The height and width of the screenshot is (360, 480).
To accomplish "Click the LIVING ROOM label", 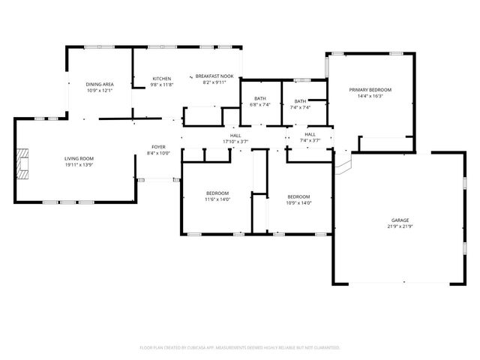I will pos(78,158).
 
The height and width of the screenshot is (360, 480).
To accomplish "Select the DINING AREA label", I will pos(99,85).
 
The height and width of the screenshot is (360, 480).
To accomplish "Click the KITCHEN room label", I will pos(162,79).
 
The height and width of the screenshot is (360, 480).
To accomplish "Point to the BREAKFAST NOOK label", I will pos(215,76).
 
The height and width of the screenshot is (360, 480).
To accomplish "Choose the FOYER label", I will pos(158,147).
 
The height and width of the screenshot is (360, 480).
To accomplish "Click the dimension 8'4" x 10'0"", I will pos(158,153).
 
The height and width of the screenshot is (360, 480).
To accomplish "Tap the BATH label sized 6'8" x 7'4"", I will pos(259,99).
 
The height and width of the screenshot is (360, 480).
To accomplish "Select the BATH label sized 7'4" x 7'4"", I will pos(300,101).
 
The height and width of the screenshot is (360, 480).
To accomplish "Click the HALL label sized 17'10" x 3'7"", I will pos(235,135).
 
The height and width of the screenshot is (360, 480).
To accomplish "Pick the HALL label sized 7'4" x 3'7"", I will pos(310,134).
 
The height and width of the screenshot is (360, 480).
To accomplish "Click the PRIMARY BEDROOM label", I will pos(370,90).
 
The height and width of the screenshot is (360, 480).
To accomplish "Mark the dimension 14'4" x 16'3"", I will pos(370,96).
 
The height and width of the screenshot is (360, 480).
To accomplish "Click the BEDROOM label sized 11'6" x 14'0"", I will pos(217,193).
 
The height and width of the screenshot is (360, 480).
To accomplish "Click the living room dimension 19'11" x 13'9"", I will pos(78,164).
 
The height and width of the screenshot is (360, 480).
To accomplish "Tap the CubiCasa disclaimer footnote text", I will pos(240,347).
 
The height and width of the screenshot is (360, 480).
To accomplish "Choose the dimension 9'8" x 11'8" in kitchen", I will pos(162,85).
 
